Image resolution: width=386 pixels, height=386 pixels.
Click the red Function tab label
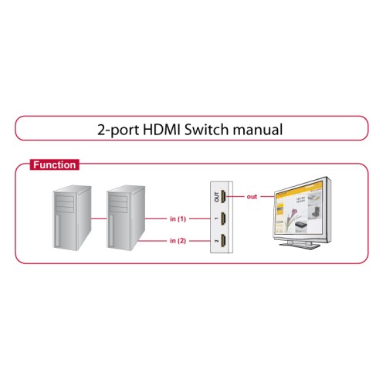[53, 164]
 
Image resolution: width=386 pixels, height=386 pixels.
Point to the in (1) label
[178, 219]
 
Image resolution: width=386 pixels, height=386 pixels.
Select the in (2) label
[178, 242]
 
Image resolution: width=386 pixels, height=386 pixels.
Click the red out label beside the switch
[252, 197]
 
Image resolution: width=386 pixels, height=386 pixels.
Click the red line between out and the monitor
[266, 197]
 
